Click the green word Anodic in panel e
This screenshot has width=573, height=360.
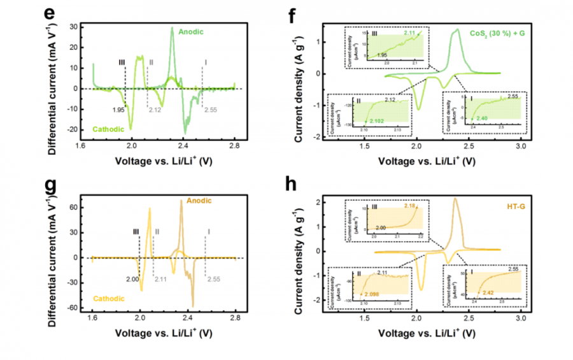click(192, 31)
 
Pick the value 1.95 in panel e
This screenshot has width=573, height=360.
click(118, 110)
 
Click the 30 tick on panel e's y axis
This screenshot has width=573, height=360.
click(83, 27)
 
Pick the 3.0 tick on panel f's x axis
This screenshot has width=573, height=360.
click(521, 146)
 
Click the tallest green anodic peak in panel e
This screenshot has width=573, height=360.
click(172, 28)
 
